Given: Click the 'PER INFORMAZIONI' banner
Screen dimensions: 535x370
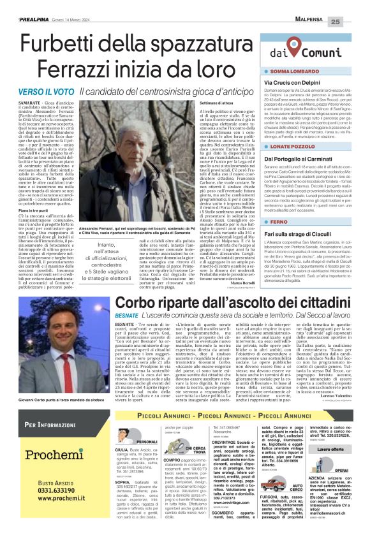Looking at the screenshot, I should click(x=50, y=424).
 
